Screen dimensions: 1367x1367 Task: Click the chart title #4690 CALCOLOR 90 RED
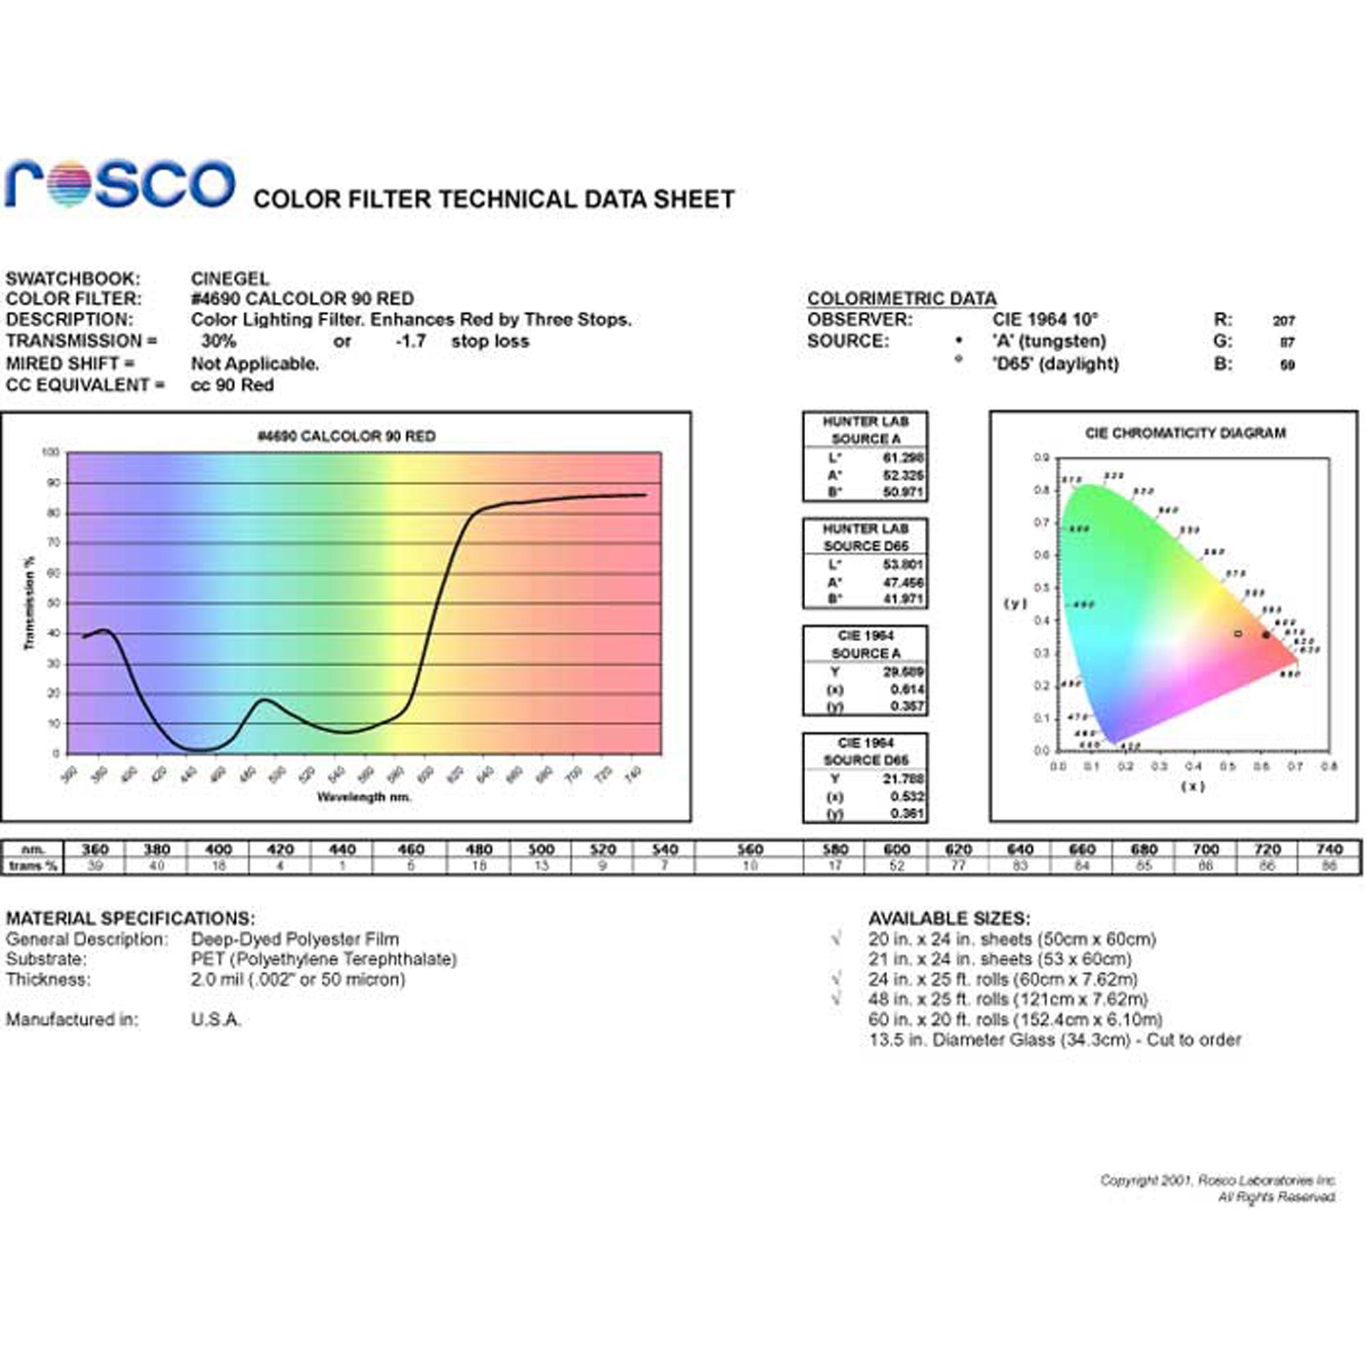tap(346, 436)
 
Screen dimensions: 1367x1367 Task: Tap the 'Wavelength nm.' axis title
tap(364, 797)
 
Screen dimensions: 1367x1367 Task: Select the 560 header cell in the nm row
tap(749, 849)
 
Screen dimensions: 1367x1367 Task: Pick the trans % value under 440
tap(342, 866)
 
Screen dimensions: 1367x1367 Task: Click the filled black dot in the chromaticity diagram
tap(1266, 635)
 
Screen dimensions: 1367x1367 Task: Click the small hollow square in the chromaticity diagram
tap(1238, 634)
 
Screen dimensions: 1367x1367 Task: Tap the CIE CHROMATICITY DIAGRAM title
tap(1185, 433)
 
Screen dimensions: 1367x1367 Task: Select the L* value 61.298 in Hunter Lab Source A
tap(903, 457)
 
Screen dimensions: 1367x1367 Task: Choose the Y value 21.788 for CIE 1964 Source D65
tap(903, 779)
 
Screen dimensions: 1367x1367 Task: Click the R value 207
tap(1284, 321)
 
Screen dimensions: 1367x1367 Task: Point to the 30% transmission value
tap(219, 341)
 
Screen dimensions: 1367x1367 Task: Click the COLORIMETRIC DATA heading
tap(902, 299)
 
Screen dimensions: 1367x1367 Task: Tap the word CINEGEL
tap(230, 279)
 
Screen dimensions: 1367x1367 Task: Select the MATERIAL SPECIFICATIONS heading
tap(130, 919)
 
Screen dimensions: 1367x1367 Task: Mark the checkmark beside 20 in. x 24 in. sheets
tap(837, 940)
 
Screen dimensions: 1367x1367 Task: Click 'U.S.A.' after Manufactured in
tap(216, 1020)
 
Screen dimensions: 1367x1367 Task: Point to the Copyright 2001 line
tap(1217, 1180)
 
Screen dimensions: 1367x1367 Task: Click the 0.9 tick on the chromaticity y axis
tap(1041, 458)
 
